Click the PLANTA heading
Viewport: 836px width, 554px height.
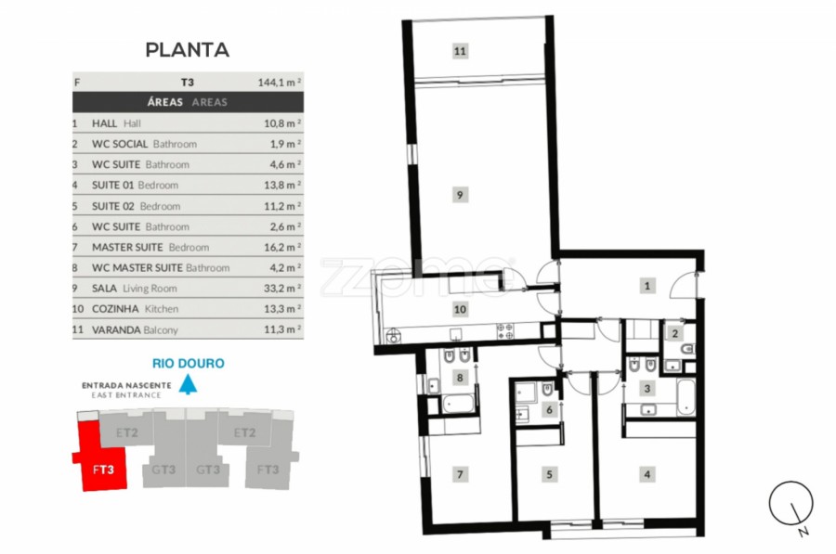tap(187, 49)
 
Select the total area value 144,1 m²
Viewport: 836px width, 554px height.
tap(280, 82)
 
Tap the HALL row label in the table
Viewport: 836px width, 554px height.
tap(104, 123)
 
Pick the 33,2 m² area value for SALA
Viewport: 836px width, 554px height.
tap(282, 289)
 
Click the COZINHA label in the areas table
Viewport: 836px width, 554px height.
tap(115, 309)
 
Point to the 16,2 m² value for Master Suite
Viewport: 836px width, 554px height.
tap(282, 247)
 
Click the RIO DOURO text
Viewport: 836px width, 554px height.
tap(189, 363)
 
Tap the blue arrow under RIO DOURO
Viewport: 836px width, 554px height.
tap(188, 384)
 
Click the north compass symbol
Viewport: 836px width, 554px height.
tap(791, 504)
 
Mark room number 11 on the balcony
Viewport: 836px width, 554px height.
tap(460, 51)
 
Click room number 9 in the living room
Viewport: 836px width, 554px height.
tap(460, 195)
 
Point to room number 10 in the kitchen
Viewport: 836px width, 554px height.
tap(460, 309)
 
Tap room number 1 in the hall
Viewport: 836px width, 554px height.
tap(647, 286)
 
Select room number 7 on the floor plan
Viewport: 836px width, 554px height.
tap(460, 474)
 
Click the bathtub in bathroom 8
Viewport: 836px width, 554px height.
tap(457, 404)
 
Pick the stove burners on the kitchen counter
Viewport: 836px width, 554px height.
tap(505, 331)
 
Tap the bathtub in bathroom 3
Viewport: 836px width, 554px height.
tap(686, 397)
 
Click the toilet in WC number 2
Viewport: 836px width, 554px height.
tap(687, 349)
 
